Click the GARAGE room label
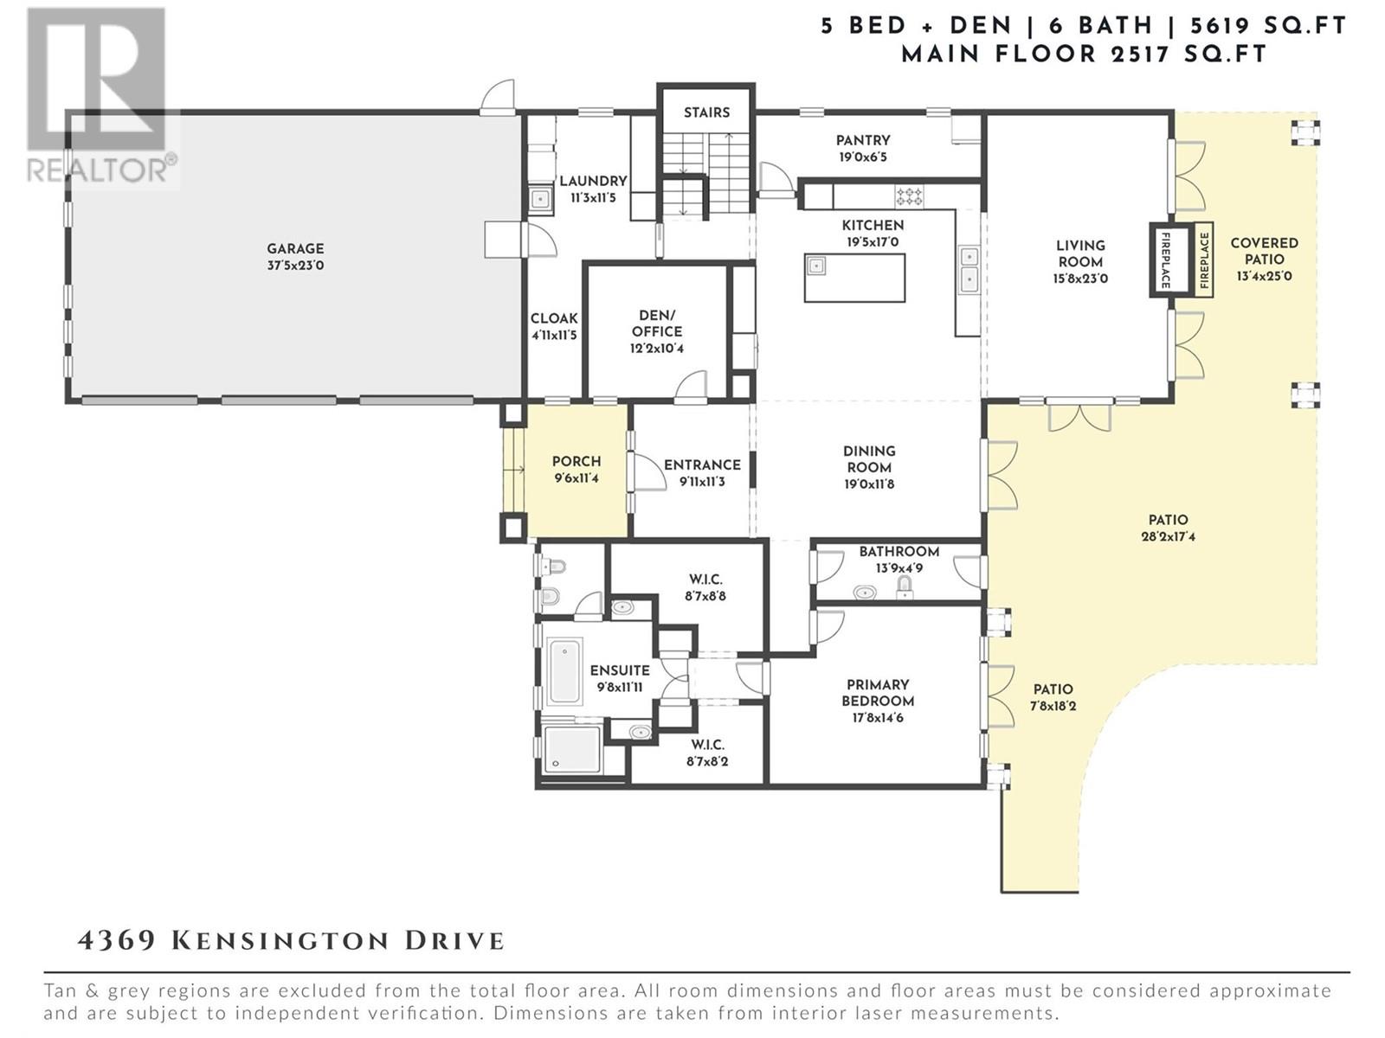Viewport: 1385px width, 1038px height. [295, 248]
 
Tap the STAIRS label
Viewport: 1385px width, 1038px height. [706, 112]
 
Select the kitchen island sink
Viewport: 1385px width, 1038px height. [816, 266]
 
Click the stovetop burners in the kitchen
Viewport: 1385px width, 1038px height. [909, 195]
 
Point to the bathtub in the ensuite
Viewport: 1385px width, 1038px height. [564, 671]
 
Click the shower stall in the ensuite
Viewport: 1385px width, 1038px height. [572, 750]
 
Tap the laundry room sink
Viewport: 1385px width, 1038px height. [540, 199]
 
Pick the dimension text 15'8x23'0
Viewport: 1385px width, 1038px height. [1079, 278]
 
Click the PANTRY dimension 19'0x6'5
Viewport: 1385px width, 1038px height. [862, 157]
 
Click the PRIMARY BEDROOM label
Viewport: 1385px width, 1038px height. [878, 693]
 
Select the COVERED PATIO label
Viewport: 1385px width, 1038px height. [1264, 251]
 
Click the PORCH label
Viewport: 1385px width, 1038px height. [577, 461]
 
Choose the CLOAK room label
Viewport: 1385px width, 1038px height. [554, 318]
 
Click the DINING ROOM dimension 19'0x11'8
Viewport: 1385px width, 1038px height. [869, 484]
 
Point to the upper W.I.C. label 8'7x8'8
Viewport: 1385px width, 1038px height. [705, 596]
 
